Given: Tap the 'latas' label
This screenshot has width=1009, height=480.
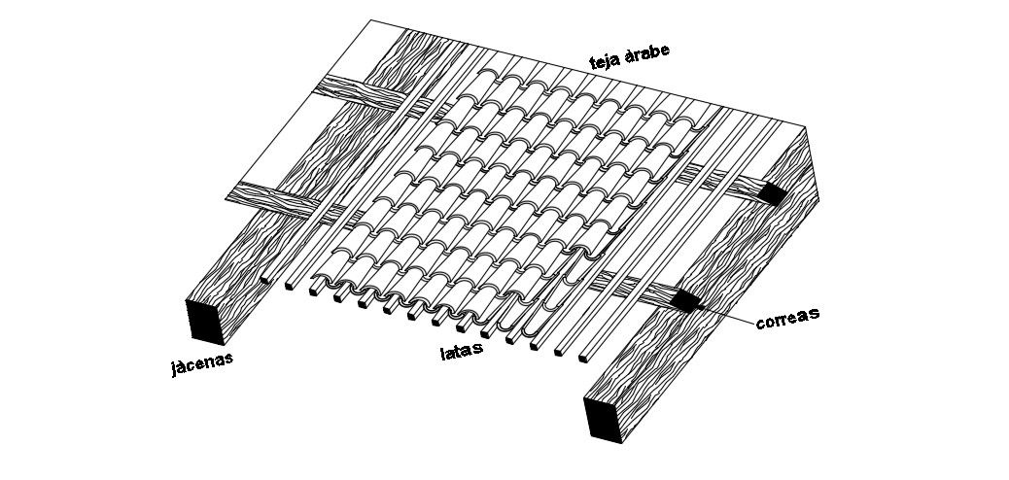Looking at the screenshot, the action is coord(462,352).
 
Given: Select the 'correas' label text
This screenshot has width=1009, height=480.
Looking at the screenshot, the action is coord(787,318).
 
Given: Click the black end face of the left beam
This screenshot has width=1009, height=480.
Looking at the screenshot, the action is coord(206,322).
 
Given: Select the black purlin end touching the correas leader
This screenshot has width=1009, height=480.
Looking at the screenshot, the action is coord(686,300).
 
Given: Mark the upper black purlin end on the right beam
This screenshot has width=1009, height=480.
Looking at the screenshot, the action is coord(772,194).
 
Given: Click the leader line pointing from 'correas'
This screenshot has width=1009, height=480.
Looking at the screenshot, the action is coord(728,311).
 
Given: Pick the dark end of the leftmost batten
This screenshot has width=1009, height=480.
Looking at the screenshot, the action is coord(265,280).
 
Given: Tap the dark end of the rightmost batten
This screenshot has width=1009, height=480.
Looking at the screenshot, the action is coord(583,359).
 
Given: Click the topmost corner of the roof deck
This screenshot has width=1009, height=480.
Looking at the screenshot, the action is coord(370,20).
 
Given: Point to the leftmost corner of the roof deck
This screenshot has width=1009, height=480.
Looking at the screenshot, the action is coord(226,199).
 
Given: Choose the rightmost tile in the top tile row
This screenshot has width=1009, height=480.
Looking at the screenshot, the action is coord(686,125).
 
